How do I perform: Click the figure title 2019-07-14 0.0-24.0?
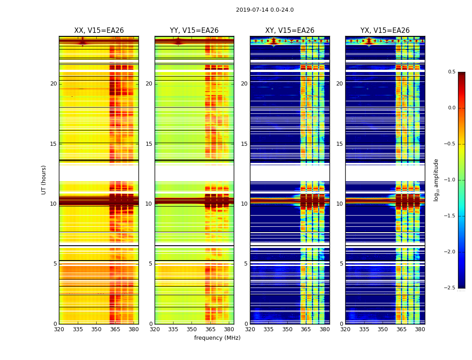(264, 10)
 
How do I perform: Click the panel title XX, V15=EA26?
(99, 31)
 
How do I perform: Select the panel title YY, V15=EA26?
(194, 31)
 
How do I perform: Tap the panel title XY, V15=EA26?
(289, 31)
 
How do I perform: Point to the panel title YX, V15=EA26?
(385, 31)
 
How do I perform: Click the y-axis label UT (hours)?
(44, 180)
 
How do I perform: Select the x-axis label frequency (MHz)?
(217, 338)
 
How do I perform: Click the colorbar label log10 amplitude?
(436, 180)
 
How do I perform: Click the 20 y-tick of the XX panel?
(53, 84)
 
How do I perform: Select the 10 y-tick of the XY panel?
(244, 204)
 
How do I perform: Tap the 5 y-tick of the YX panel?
(341, 264)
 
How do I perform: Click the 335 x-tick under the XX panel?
(78, 329)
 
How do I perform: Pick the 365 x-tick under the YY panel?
(210, 329)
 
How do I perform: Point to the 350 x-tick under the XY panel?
(287, 329)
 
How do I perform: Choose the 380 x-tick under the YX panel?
(420, 329)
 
